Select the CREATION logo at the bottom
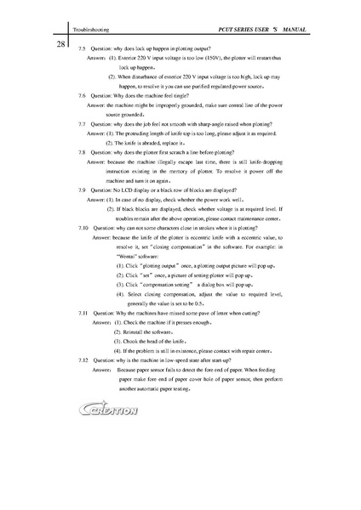tap(106, 411)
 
